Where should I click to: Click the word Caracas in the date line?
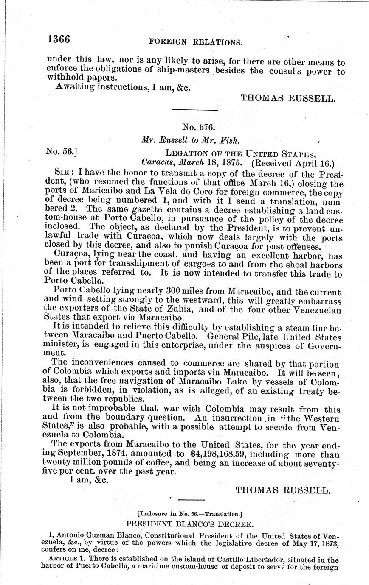click(156, 162)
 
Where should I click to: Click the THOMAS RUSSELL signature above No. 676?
click(288, 98)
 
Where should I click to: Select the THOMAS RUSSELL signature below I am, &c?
click(282, 490)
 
